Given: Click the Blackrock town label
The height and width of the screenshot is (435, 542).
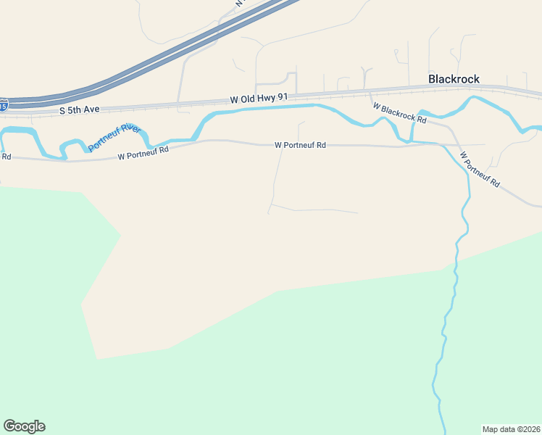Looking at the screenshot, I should click(x=454, y=79).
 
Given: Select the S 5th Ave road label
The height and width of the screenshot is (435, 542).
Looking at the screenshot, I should click(x=79, y=109).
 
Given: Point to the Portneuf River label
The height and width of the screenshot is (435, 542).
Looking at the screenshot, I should click(x=114, y=138).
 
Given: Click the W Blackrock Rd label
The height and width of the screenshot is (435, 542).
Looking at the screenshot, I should click(x=400, y=112).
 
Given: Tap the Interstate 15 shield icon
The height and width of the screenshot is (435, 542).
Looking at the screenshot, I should click(x=4, y=106).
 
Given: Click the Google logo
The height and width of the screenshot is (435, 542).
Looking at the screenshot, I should click(x=24, y=426).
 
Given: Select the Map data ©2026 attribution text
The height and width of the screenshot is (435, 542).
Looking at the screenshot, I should click(x=511, y=428).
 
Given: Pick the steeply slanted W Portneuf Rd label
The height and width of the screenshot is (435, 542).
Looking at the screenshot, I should click(x=480, y=170).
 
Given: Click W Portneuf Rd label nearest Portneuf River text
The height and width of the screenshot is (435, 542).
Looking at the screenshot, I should click(x=143, y=152).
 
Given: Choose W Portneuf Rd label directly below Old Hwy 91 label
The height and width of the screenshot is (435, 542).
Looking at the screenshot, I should click(x=300, y=145).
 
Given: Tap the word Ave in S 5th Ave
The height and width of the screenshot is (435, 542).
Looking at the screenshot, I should click(x=91, y=109).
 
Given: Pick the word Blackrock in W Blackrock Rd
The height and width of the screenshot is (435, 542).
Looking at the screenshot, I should click(x=399, y=112).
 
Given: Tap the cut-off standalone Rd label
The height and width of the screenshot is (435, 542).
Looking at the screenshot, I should click(x=6, y=156).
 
